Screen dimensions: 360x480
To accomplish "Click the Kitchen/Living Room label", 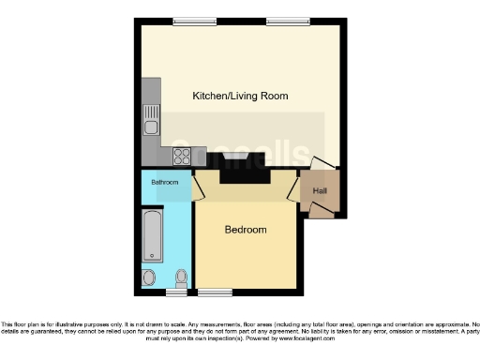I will [x=239, y=96].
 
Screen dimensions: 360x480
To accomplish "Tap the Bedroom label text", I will [x=245, y=230].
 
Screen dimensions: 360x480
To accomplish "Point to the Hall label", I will [x=320, y=191].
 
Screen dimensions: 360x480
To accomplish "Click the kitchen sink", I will [x=150, y=120].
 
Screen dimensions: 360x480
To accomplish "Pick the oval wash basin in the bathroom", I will [x=149, y=277].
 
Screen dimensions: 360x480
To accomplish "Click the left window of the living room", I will [x=188, y=21].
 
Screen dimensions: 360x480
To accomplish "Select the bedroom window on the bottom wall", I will [x=215, y=292].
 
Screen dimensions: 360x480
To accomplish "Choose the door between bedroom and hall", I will [x=292, y=192].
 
